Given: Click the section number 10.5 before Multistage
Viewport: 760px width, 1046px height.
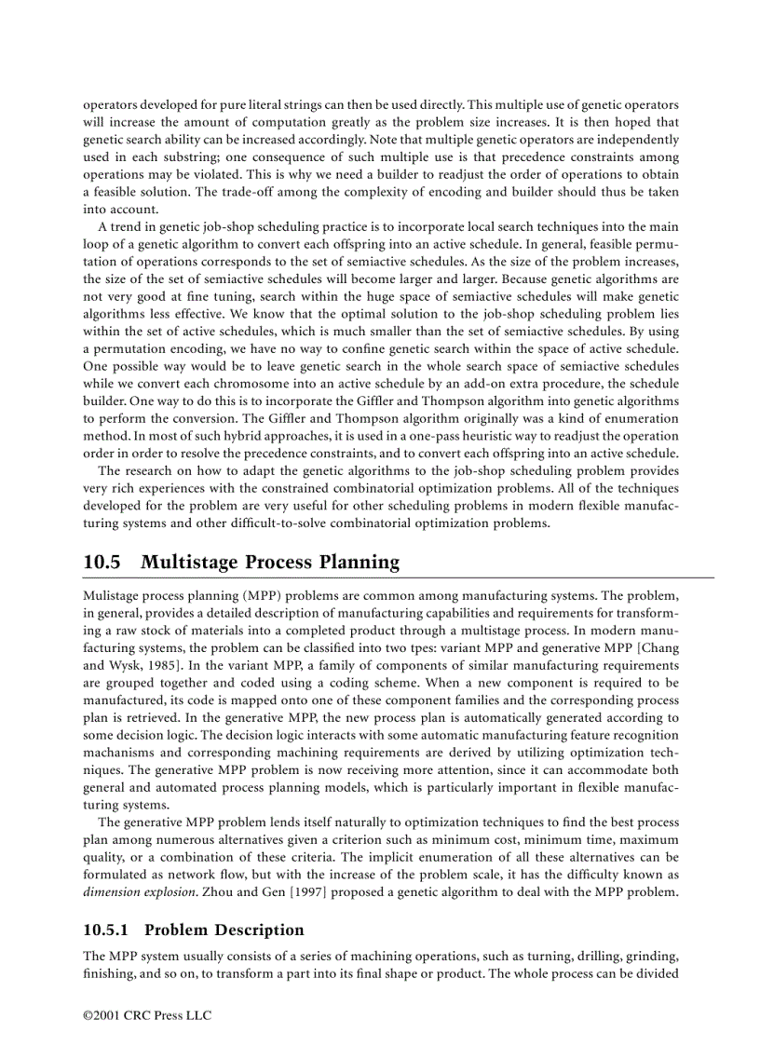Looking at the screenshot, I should (102, 563).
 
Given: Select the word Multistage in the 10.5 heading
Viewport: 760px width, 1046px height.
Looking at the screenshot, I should (191, 563).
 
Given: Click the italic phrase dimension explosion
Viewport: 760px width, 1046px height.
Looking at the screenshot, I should (147, 893).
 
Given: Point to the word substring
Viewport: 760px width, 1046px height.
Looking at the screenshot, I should (181, 158).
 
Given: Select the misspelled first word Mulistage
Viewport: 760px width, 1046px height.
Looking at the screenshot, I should (111, 593).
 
